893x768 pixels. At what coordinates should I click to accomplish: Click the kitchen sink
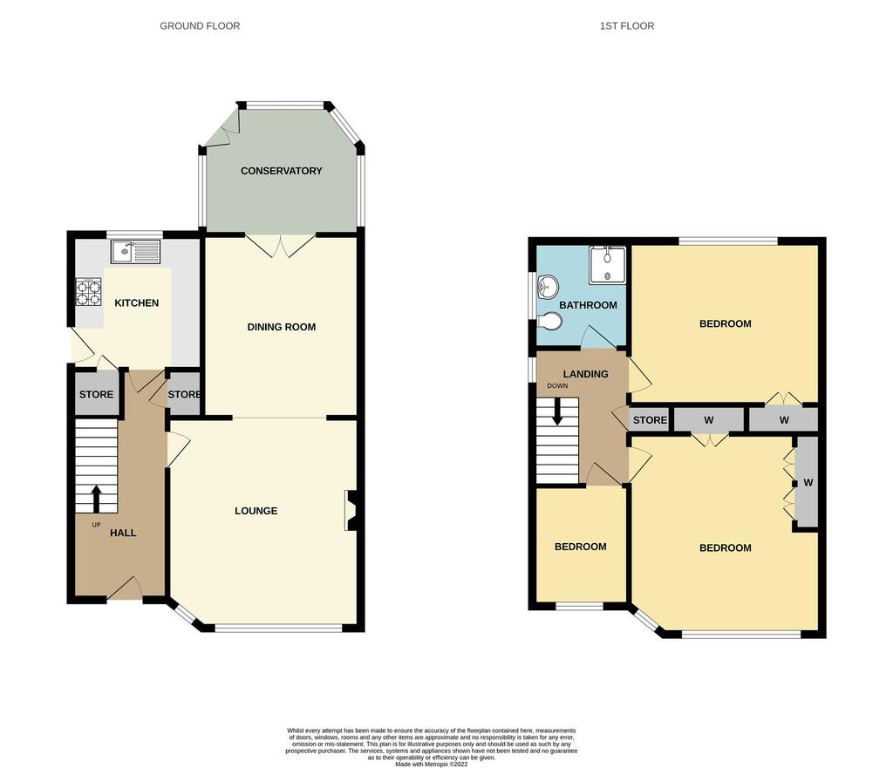tap(136, 251)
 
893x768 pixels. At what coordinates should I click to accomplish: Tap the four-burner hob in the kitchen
tap(88, 292)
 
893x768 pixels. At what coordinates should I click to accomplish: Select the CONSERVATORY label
tap(282, 171)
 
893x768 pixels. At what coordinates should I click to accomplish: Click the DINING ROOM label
tap(282, 327)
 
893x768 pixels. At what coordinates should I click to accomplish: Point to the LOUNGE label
tap(256, 511)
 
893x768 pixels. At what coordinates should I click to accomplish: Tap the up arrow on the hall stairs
tap(96, 499)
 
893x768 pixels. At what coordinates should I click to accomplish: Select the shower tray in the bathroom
tap(608, 265)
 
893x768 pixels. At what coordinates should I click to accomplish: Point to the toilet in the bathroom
tap(549, 321)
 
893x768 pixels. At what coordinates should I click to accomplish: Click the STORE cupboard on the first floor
tap(650, 420)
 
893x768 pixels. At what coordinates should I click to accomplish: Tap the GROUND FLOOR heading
tap(200, 25)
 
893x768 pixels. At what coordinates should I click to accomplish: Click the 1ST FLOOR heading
tap(627, 25)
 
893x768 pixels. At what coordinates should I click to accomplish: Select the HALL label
tap(123, 533)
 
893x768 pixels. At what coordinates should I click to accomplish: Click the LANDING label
tap(585, 374)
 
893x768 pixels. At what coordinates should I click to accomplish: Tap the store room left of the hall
tap(96, 394)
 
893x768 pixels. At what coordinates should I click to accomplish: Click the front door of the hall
tap(125, 590)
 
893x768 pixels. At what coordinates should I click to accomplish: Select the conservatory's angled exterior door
tap(222, 129)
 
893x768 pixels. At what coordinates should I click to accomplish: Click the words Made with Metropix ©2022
tap(432, 765)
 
